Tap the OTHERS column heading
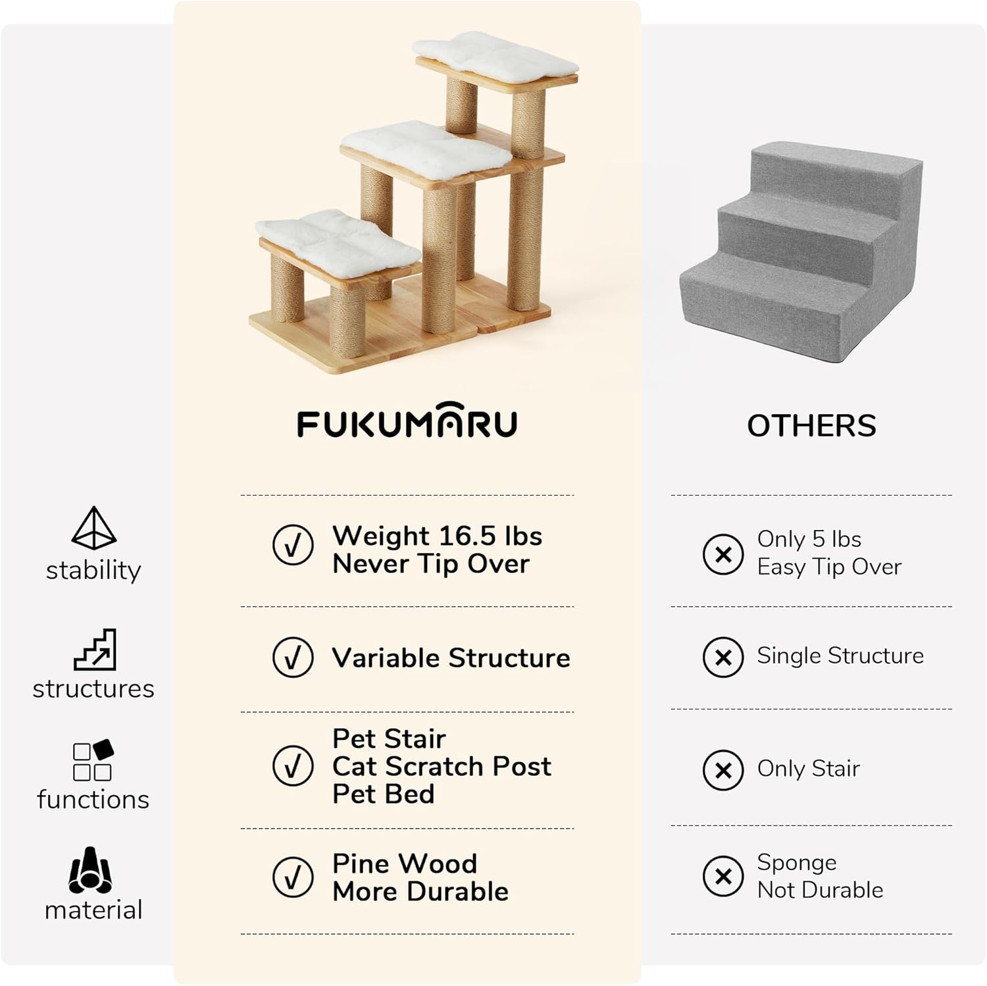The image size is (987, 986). coord(811,426)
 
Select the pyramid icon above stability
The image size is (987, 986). coord(93,528)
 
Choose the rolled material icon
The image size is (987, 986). coord(91,870)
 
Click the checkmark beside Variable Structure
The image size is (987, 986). coord(293,657)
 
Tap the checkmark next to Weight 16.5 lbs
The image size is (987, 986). coord(293,545)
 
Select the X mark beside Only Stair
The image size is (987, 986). coord(723,769)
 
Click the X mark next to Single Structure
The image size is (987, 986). coord(723,657)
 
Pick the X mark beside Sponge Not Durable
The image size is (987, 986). coord(723,876)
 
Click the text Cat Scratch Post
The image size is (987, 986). coord(442,766)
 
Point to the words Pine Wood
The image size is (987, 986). coord(405,864)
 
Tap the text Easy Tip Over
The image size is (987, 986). coord(829,567)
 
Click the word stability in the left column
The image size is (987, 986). coord(93,570)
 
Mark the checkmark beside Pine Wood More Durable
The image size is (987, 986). coord(293,877)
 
